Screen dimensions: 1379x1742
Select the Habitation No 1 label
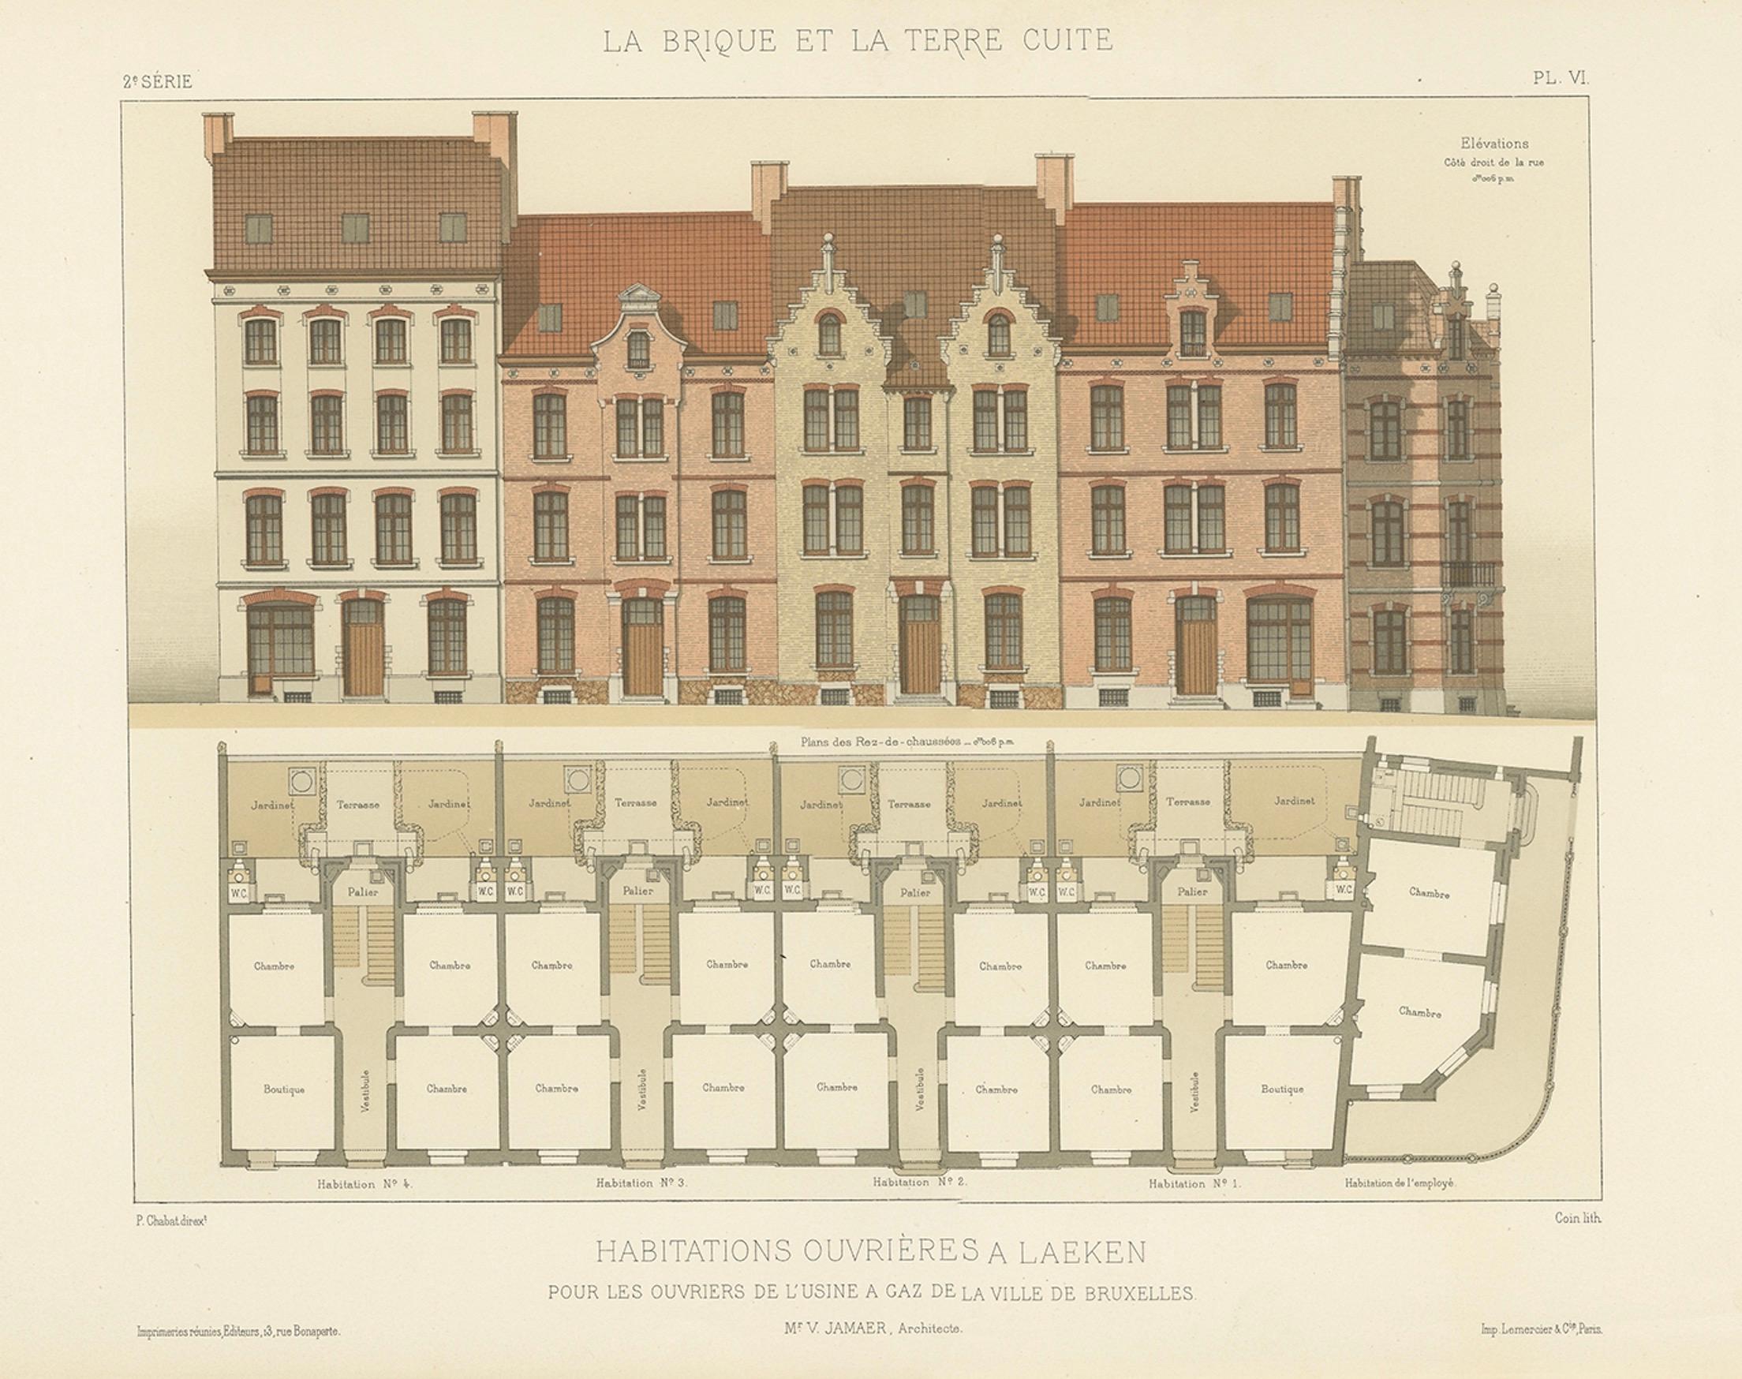pyautogui.click(x=1194, y=1184)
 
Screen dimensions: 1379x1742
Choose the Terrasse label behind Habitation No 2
pyautogui.click(x=908, y=803)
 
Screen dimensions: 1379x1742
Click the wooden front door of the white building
pyautogui.click(x=363, y=650)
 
